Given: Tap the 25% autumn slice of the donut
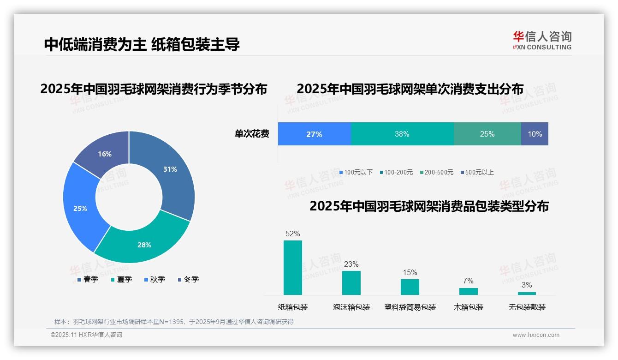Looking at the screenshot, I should pos(81,208).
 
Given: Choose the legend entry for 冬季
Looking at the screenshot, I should pos(188,279).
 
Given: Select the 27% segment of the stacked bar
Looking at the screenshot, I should pos(314,134).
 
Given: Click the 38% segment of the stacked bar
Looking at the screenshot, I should pos(402,134).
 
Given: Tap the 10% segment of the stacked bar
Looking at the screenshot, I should pos(535,134).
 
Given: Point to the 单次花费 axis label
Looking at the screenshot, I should pos(252,134).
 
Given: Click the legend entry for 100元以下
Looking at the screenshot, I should pos(356,172).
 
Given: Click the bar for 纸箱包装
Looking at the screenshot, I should pos(293,268).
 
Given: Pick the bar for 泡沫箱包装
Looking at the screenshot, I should pos(351,283).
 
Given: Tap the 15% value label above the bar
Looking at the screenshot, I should pos(410,272).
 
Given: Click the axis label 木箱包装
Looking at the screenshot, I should pos(469,307).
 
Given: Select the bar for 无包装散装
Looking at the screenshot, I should pos(527,293).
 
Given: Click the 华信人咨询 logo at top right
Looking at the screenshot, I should pos(542,40).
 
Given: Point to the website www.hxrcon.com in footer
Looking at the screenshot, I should pos(536,335).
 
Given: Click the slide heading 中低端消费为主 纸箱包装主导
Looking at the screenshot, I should pos(142,44).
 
